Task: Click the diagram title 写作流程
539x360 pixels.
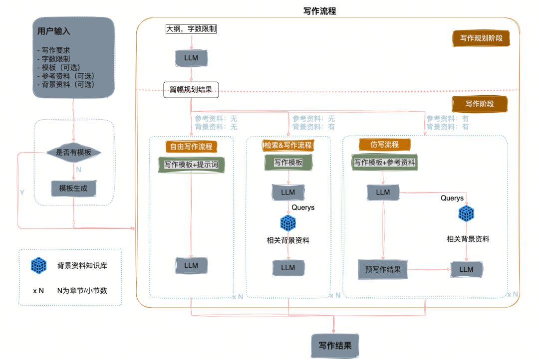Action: pos(319,11)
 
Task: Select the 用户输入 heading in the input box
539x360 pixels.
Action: pos(54,31)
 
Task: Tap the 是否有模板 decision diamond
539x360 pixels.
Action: pos(74,152)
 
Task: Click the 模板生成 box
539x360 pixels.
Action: pos(74,188)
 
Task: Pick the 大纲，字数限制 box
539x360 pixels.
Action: pos(191,29)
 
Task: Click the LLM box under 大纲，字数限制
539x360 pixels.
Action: pos(191,58)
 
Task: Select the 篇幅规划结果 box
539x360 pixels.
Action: pos(191,90)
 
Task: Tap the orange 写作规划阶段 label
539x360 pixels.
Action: pos(481,38)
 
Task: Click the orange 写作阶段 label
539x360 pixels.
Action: pos(479,104)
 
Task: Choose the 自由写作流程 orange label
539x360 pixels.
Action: pos(191,147)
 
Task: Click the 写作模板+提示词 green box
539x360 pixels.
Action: pos(191,165)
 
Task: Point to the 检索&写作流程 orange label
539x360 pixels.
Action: pos(288,145)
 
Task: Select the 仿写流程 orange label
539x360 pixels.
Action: pos(385,145)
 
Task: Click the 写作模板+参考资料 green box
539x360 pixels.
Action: pos(384,163)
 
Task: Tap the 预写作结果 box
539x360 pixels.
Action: pos(383,269)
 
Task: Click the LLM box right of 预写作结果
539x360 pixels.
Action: pos(467,269)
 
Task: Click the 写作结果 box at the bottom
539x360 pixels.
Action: pos(335,346)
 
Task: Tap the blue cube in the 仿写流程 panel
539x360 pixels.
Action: pos(466,214)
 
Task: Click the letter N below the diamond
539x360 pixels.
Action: pos(78,170)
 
